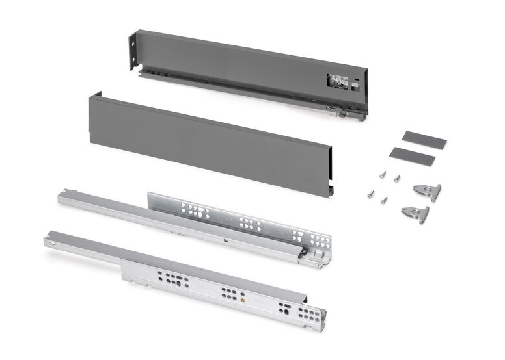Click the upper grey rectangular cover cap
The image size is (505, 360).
424,140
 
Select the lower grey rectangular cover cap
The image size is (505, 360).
411,156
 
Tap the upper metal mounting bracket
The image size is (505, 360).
428,192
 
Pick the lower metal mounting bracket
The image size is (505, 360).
416,213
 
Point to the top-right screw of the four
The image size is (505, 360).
396,177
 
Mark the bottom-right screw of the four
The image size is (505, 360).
385,199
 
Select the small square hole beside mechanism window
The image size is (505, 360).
356,83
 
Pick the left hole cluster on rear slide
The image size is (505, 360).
194,211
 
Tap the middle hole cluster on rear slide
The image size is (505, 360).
249,224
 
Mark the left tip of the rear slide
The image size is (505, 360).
62,196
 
